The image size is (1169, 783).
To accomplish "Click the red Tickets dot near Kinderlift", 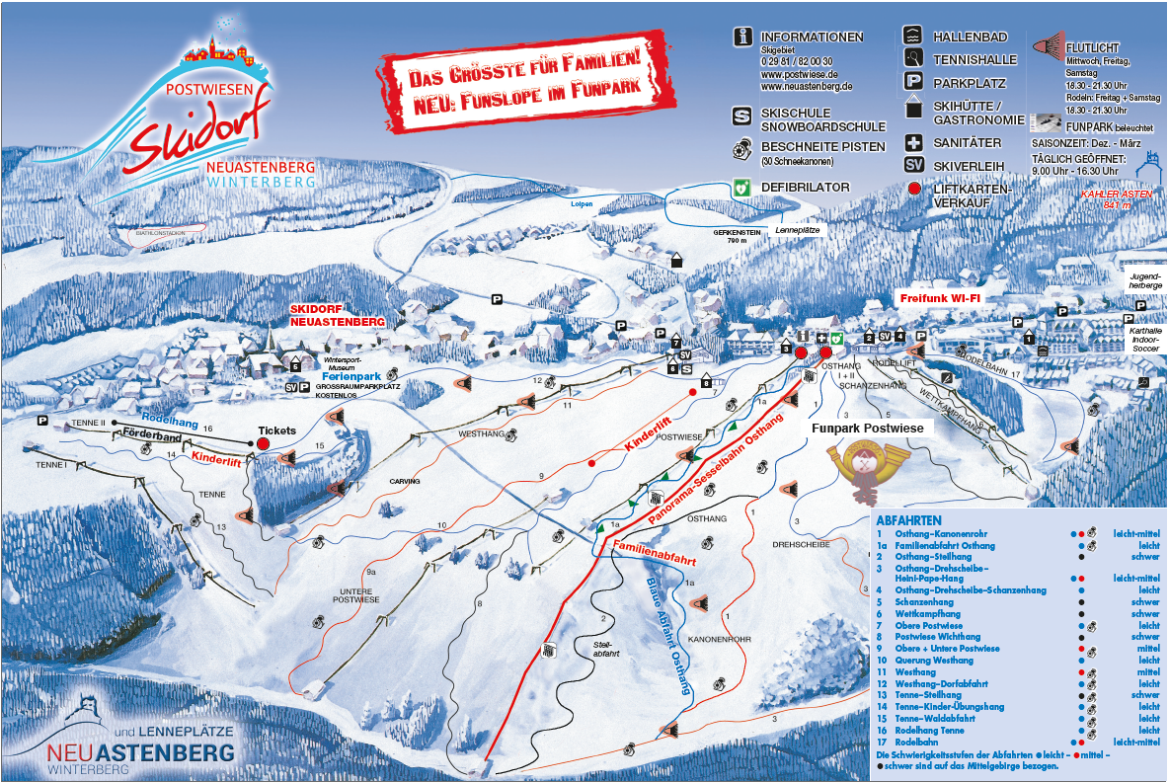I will tap(264, 444).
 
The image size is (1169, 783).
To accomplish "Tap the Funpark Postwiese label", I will tap(867, 429).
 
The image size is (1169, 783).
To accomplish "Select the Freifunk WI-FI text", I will tap(939, 297).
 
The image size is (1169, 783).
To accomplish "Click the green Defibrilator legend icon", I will tap(742, 186).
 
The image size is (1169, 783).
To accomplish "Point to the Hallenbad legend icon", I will tap(913, 36).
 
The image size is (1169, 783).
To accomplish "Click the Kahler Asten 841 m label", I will tap(1106, 198).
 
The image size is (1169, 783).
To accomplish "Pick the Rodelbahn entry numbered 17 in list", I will tap(916, 742).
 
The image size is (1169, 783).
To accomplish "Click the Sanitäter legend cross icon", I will tap(913, 143).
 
